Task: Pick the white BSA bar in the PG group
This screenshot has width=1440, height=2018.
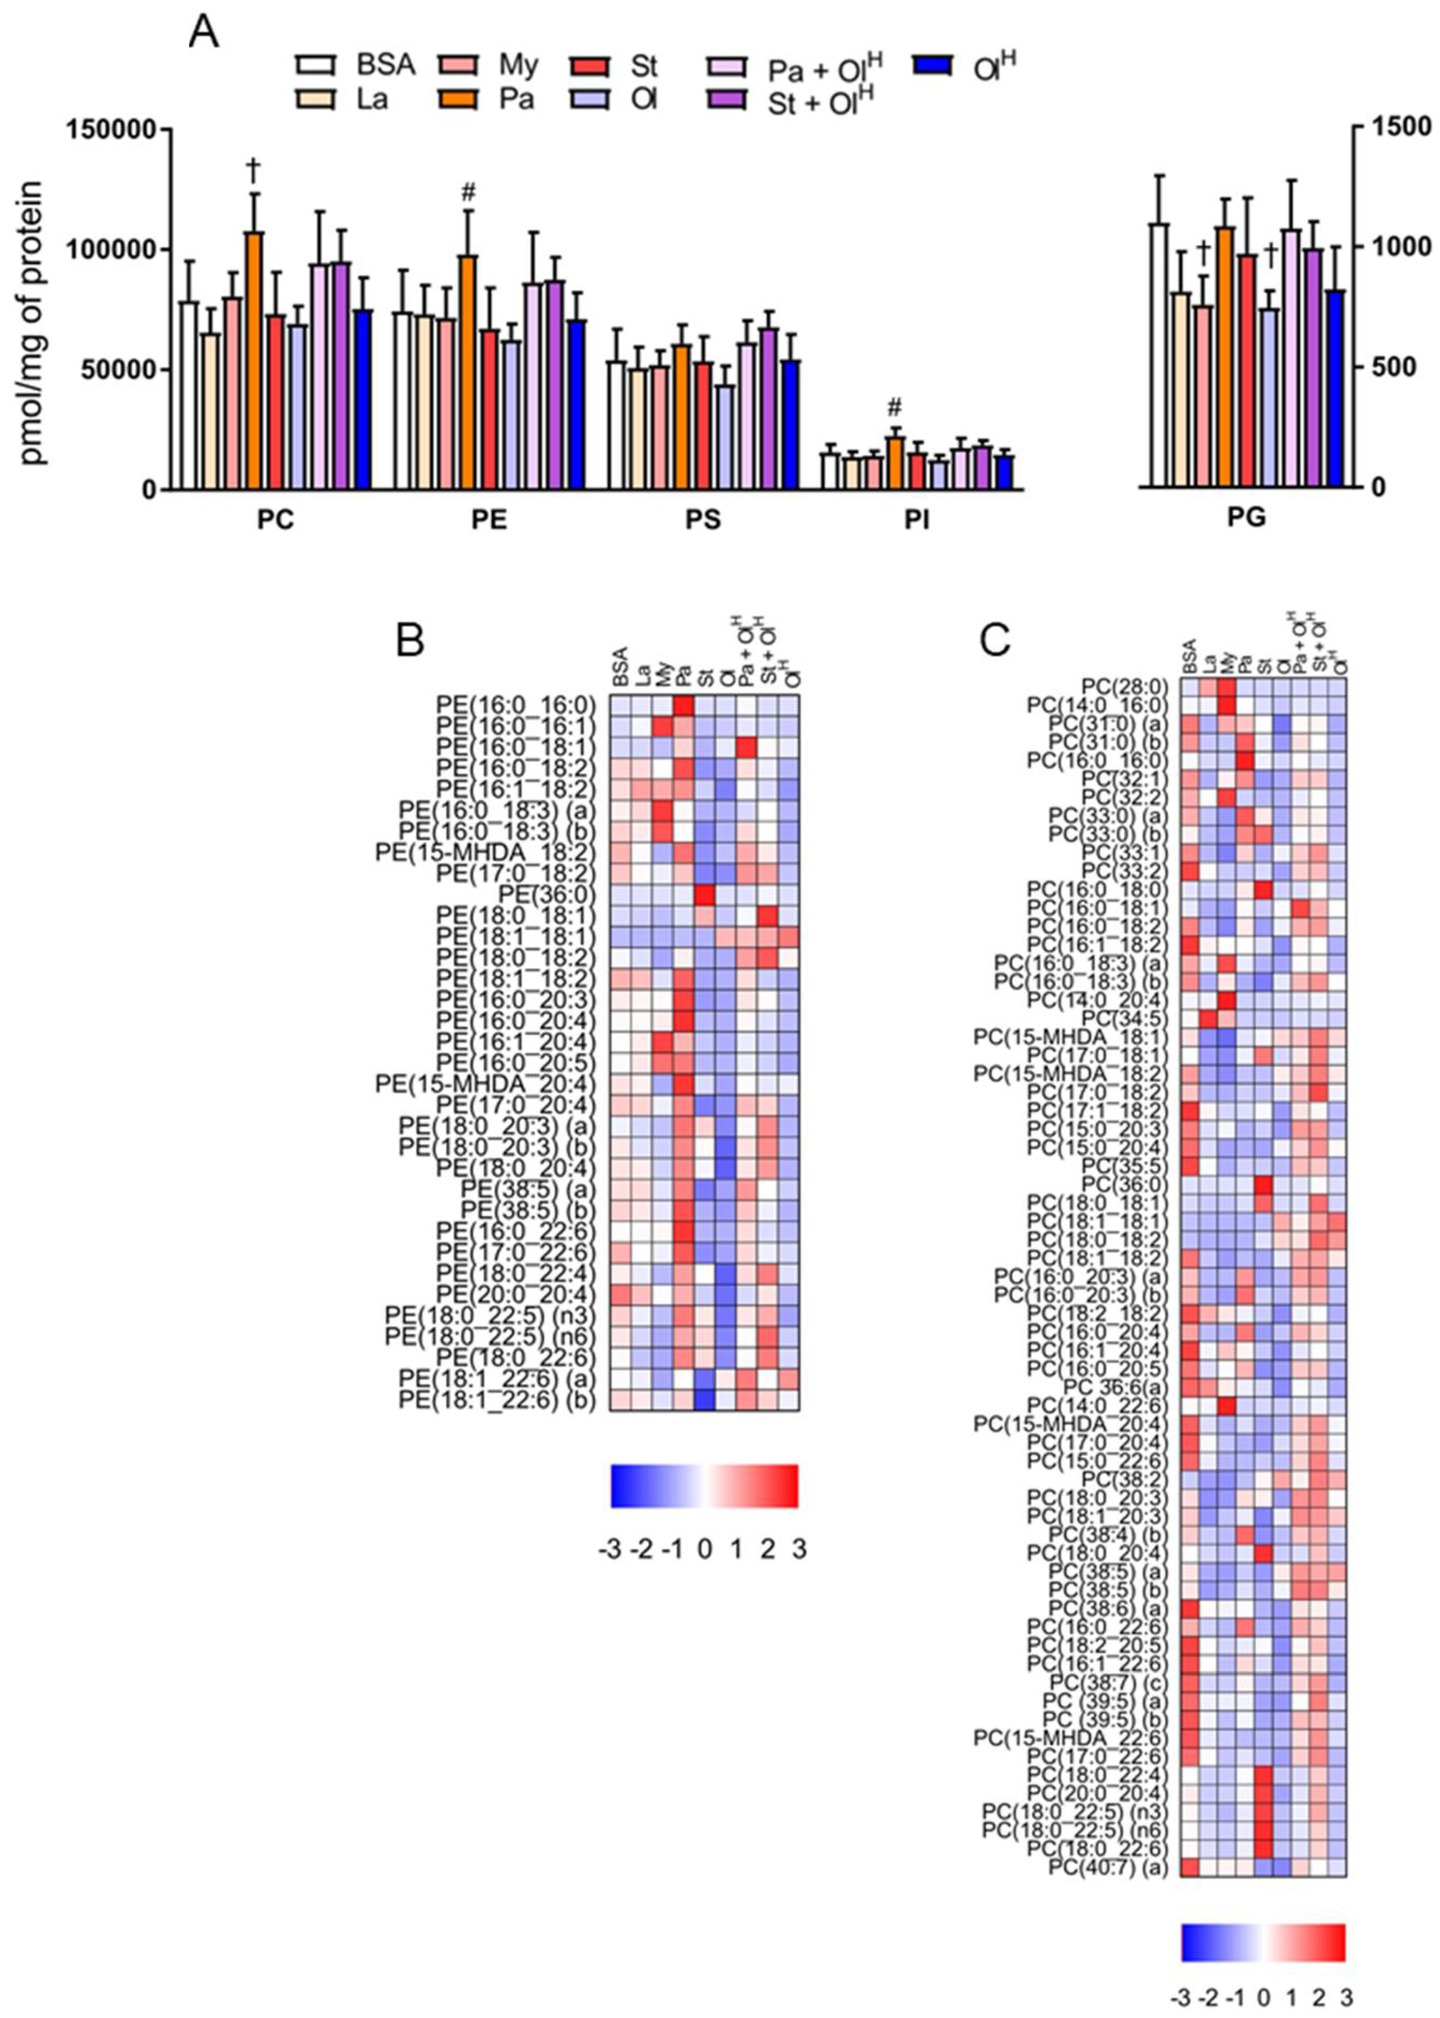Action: click(x=1158, y=355)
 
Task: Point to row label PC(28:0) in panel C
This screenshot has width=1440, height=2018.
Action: click(x=1124, y=686)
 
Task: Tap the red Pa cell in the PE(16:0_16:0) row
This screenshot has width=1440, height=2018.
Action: click(x=682, y=705)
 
